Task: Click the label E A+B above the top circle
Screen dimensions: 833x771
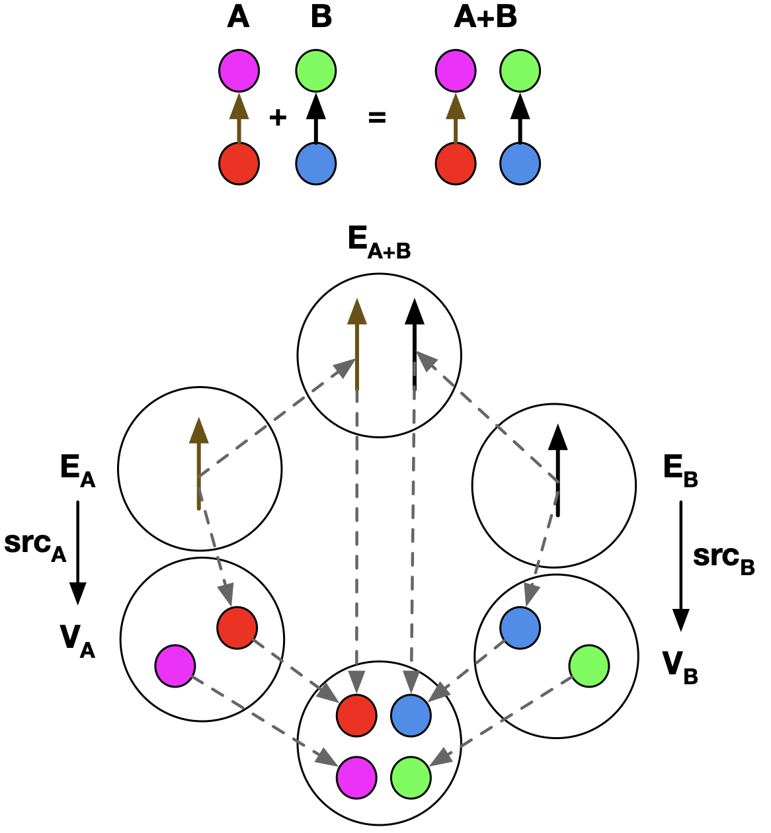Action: pos(379,243)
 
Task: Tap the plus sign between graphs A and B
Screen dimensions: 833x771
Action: pos(278,118)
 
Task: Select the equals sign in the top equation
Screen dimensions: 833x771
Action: pos(376,118)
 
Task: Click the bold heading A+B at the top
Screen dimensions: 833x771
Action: pos(485,17)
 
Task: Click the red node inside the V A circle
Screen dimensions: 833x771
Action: pos(237,627)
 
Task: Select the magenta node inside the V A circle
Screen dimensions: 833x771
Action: pos(175,666)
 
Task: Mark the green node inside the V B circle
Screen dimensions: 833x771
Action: pos(589,666)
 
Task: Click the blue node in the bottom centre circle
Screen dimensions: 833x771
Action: pos(411,715)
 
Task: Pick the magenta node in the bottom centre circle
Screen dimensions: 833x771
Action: pos(357,775)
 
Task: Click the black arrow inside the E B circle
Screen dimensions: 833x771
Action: pos(558,470)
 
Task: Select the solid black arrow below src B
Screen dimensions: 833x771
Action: pos(680,566)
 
